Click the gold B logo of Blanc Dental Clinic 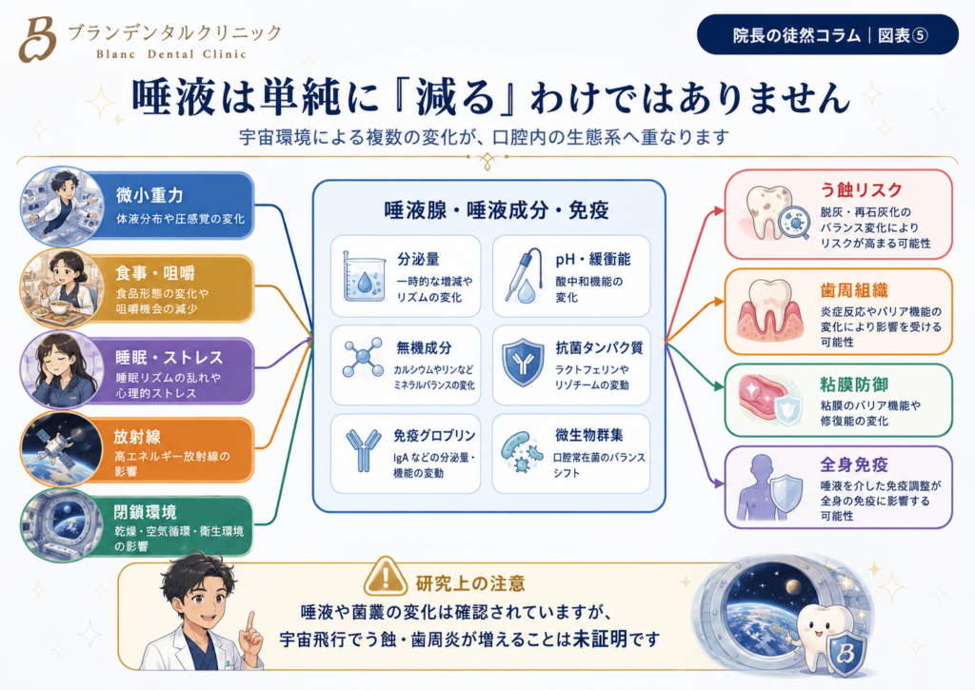(37, 39)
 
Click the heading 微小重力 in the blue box (149, 195)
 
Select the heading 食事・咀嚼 (155, 273)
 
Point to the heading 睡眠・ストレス (169, 358)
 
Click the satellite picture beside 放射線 (62, 447)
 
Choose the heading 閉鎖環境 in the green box (145, 512)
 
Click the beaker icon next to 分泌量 (365, 277)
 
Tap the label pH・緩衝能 (593, 259)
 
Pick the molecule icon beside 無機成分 (363, 358)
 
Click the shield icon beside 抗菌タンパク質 (523, 362)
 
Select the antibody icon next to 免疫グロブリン (363, 450)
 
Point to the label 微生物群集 (588, 435)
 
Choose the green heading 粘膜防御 (854, 384)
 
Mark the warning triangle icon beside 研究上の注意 (386, 576)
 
